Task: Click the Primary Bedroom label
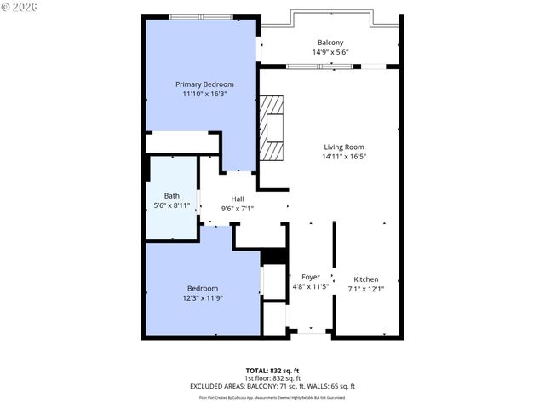tap(204, 84)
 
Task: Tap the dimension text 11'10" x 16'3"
tap(204, 95)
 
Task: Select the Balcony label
tap(330, 43)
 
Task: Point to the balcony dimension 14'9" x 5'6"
tap(330, 53)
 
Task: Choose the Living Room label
tap(343, 147)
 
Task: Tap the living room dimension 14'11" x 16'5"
tap(343, 157)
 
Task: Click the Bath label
tap(171, 195)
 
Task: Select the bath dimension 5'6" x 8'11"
tap(171, 205)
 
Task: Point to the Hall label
tap(238, 198)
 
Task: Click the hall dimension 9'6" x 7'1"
tap(238, 208)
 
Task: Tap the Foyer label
tap(311, 277)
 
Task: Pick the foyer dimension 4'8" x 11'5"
tap(311, 287)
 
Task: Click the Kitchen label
tap(366, 279)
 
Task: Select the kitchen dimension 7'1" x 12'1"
tap(366, 290)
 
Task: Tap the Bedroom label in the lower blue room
tap(203, 288)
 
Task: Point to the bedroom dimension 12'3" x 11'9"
tap(203, 298)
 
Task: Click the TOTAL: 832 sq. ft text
tap(272, 371)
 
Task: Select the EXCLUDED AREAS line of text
tap(272, 386)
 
